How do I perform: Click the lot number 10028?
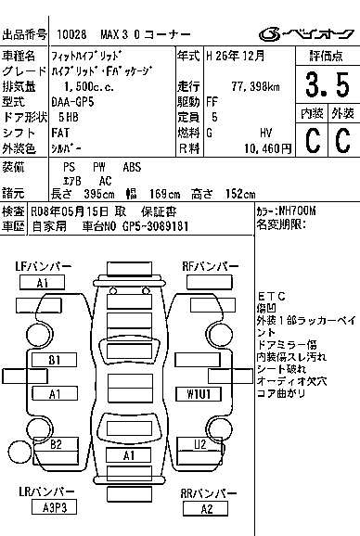(x=71, y=34)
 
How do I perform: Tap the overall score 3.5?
(x=328, y=84)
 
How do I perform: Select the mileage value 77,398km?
(x=255, y=86)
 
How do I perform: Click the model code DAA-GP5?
(x=72, y=102)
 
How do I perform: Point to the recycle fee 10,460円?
(x=268, y=148)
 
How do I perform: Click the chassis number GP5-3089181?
(x=155, y=226)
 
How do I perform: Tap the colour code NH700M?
(x=297, y=211)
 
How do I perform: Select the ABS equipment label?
(x=132, y=167)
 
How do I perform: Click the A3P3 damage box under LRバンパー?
(x=54, y=507)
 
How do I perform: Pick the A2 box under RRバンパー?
(x=205, y=509)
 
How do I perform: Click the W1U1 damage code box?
(x=199, y=394)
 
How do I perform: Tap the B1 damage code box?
(x=55, y=360)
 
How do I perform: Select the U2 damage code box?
(x=199, y=444)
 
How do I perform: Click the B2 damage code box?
(x=56, y=444)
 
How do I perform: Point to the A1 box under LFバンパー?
(x=42, y=283)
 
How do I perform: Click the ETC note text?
(x=272, y=296)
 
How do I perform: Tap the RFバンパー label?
(x=211, y=266)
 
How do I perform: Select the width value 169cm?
(x=164, y=194)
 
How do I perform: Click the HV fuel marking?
(x=265, y=133)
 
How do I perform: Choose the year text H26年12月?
(x=236, y=56)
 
